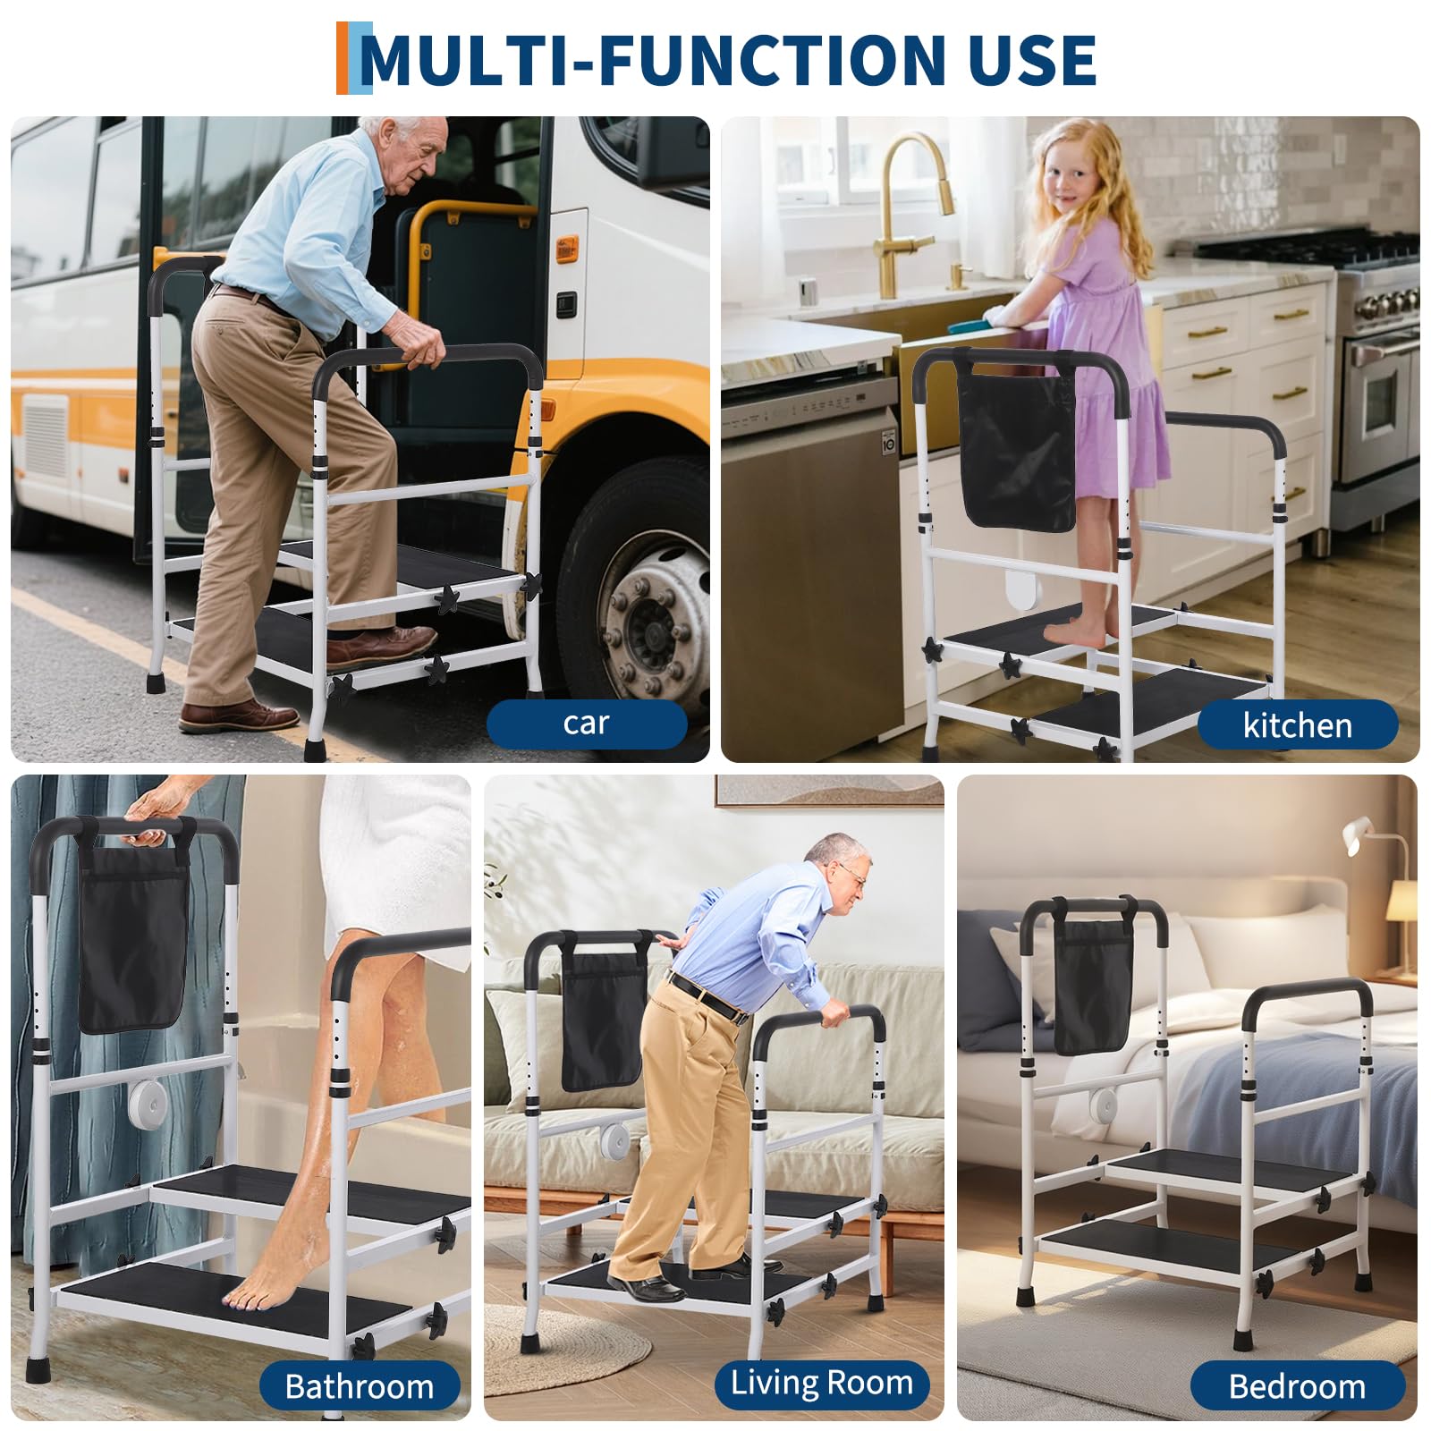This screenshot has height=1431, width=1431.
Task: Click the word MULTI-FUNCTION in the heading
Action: [x=652, y=60]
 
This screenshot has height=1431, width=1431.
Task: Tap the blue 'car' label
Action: [x=586, y=723]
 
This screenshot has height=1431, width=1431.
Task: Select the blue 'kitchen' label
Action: [x=1297, y=725]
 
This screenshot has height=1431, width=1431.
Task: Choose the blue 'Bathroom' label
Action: [x=360, y=1386]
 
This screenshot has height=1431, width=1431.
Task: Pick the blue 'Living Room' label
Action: [x=822, y=1383]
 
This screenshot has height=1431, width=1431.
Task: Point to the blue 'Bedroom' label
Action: [x=1297, y=1386]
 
